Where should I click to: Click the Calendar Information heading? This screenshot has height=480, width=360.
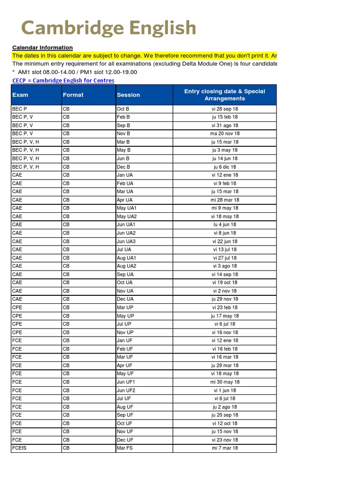tap(42, 47)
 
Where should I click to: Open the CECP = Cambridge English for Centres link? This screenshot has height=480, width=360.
tap(63, 81)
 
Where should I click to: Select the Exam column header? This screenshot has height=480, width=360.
tap(20, 95)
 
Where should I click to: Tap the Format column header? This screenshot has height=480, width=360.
tap(73, 95)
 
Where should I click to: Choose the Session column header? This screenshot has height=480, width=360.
tap(128, 95)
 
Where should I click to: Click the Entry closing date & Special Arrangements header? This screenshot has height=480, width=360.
tap(225, 95)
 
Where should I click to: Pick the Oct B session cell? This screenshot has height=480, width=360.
tap(123, 109)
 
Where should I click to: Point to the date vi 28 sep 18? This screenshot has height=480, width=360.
tap(225, 109)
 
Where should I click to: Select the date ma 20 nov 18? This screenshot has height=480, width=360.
tap(225, 134)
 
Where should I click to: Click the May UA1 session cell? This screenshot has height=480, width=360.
tap(127, 208)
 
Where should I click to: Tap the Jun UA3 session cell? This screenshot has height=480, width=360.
tap(126, 241)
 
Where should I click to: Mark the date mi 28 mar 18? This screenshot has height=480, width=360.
tap(225, 200)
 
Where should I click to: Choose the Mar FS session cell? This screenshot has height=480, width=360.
tap(124, 448)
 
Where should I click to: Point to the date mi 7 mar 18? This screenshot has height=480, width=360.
tap(225, 448)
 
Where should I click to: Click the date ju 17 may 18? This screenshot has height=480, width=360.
tap(225, 316)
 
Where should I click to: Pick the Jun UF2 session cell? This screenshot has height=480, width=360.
tap(126, 390)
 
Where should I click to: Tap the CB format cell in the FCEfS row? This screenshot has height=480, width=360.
tap(66, 448)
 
